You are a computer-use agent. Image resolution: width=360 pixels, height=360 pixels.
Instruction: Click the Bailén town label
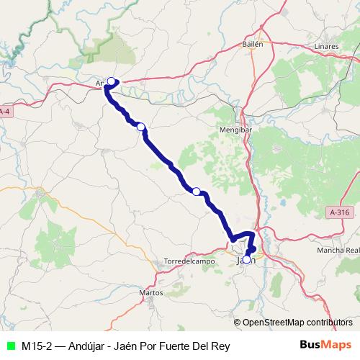[253, 43]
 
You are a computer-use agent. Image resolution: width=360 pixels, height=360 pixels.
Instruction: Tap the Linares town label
[327, 47]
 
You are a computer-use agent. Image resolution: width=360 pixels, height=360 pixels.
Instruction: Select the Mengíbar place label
[233, 130]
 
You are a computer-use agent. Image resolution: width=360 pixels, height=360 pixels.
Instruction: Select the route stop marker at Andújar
[112, 81]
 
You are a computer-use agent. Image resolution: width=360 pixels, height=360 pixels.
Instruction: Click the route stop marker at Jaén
[247, 259]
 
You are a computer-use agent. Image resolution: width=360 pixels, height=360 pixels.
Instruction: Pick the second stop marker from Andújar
[141, 127]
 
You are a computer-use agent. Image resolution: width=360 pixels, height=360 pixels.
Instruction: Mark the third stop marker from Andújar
[196, 191]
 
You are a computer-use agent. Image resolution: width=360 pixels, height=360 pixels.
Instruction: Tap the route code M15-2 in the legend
[37, 346]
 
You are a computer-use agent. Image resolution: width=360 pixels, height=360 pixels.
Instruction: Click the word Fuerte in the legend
[174, 346]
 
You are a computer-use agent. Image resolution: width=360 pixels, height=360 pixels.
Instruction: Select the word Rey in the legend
[220, 346]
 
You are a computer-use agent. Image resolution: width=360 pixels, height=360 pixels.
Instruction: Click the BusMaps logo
[328, 346]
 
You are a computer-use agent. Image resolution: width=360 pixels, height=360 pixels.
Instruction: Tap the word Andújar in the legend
[84, 346]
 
